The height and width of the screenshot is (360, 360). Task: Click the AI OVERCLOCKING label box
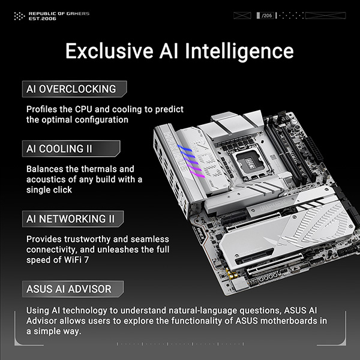coord(74,89)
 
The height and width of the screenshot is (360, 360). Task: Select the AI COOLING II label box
coord(71,149)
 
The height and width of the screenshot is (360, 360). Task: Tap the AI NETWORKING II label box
coord(73,219)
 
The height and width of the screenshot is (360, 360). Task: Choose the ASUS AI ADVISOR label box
coord(73,289)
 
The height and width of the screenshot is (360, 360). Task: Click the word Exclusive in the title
coord(109,50)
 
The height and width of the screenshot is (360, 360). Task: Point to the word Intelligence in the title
coord(239,52)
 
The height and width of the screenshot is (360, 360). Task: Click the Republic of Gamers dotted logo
coord(19,16)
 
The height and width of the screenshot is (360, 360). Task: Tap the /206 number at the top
coord(267,16)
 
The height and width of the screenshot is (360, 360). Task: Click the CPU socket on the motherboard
coord(250,163)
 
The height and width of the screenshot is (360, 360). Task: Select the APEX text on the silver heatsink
coord(273,205)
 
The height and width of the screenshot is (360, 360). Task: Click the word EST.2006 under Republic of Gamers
coord(42,19)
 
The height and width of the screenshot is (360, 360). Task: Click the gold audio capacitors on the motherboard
coord(232,273)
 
